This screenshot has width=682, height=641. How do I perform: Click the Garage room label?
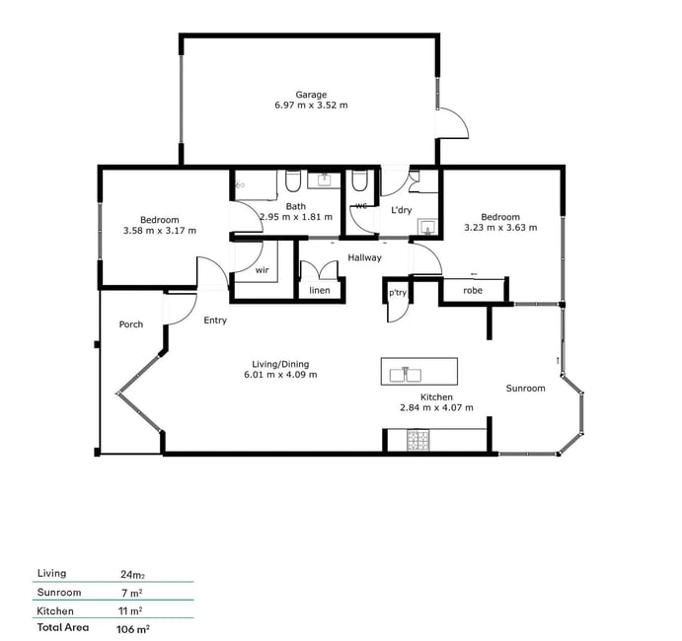click(311, 95)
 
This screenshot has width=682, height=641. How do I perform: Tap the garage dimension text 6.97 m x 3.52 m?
click(311, 106)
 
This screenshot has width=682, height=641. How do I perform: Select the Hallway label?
click(364, 257)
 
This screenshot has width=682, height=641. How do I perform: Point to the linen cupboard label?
click(320, 290)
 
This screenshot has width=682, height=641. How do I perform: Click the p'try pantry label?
click(398, 293)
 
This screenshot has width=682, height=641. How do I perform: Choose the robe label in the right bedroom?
click(473, 290)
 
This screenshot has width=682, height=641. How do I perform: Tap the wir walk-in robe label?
click(262, 270)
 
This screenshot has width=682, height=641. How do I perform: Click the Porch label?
click(131, 324)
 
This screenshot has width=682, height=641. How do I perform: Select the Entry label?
click(215, 320)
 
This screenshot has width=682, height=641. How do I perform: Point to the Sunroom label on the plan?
click(525, 389)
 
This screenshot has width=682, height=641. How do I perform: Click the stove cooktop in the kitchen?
click(418, 440)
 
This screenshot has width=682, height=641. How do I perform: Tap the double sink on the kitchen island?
click(406, 374)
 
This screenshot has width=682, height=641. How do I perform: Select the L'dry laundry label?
click(401, 210)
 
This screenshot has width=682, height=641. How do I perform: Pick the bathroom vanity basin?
click(324, 179)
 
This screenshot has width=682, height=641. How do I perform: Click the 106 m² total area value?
click(133, 629)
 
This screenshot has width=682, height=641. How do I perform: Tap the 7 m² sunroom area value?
click(132, 593)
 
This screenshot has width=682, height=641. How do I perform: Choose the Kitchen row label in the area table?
click(55, 611)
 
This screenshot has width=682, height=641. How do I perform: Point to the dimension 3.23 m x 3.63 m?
click(500, 227)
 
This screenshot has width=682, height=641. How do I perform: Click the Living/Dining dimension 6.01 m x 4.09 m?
click(280, 375)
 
